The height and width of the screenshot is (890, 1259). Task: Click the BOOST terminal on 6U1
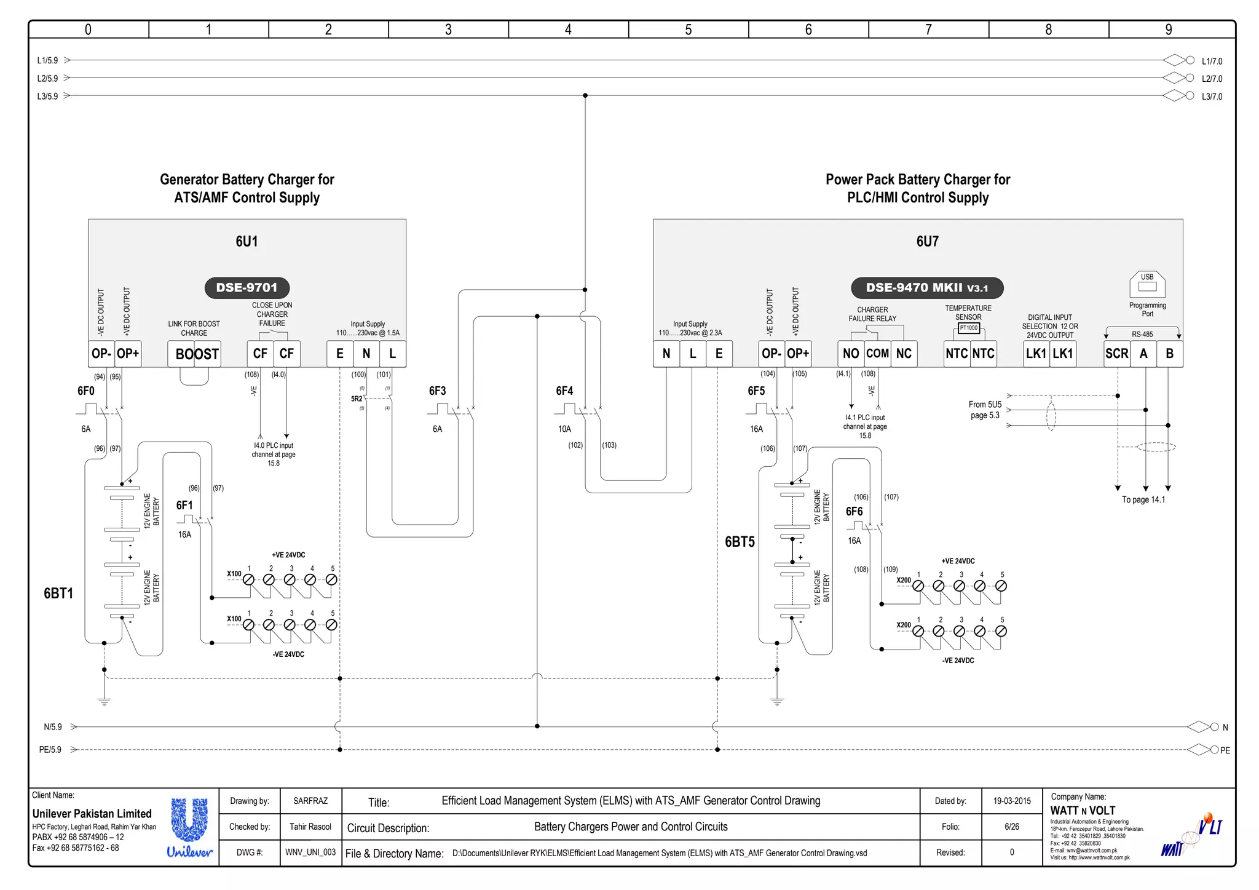coord(194,354)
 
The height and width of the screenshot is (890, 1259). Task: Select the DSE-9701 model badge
coord(247,287)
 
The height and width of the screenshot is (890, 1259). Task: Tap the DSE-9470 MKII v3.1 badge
coord(926,287)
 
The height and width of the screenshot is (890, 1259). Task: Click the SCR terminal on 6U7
coord(1116,354)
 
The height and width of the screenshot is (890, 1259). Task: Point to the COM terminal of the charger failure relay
coord(877,354)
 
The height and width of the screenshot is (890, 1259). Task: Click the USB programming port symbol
coord(1147,285)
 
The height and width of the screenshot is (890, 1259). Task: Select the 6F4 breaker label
coord(564,391)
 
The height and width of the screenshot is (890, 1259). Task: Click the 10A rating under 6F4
coord(564,429)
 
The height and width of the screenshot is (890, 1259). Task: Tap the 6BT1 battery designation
coord(58,594)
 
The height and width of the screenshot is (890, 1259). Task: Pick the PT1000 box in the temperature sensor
coord(968,328)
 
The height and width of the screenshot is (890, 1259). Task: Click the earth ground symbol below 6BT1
coord(105,701)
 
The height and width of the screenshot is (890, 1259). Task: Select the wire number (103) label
coord(609,445)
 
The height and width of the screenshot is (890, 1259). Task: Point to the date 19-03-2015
coord(1011,801)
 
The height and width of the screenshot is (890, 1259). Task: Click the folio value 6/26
coord(1011,827)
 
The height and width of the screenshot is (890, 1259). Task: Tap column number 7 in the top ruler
coord(928,30)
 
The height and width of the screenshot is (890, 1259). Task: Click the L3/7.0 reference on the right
coord(1212,97)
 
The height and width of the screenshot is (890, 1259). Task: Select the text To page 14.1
coord(1143,499)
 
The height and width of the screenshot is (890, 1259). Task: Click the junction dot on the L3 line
coord(585,95)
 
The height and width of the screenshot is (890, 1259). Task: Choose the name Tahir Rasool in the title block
coord(310,827)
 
